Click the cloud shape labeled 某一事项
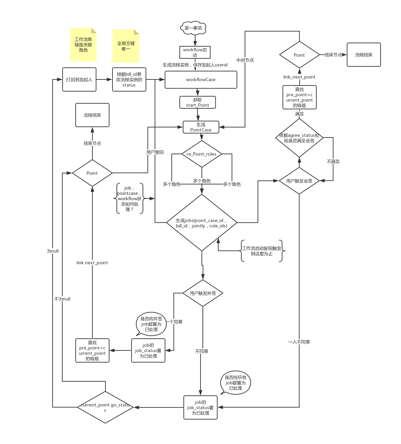click(x=193, y=28)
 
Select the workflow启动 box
click(x=195, y=52)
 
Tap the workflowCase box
click(x=201, y=80)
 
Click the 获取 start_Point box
click(x=197, y=102)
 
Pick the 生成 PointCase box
click(x=201, y=127)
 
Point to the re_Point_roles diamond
click(x=202, y=154)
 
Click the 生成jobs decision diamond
click(x=202, y=223)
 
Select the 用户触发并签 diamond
click(x=203, y=293)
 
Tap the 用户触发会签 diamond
click(x=299, y=181)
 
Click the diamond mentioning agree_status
click(x=299, y=138)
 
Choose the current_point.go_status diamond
click(x=105, y=407)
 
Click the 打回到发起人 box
click(x=79, y=79)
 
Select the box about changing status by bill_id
click(x=129, y=79)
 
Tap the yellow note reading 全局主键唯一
click(x=126, y=46)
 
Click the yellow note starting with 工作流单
click(x=83, y=45)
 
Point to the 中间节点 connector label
click(x=245, y=60)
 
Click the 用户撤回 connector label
click(x=155, y=152)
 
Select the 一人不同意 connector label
click(x=299, y=342)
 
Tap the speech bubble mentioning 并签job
click(x=151, y=324)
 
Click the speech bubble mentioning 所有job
click(x=236, y=383)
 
